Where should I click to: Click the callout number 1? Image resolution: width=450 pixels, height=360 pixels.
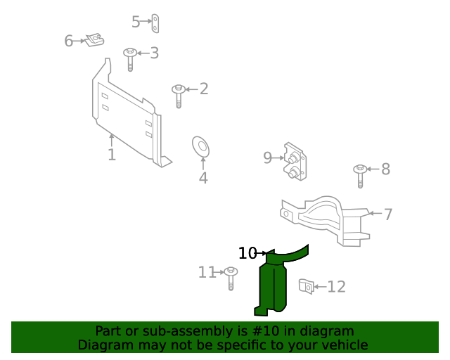pyautogui.click(x=112, y=155)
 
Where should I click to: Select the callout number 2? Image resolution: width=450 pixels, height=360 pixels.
pyautogui.click(x=204, y=89)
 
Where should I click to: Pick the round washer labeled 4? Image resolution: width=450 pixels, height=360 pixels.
pyautogui.click(x=202, y=147)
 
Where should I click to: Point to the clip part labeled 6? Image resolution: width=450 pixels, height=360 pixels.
pyautogui.click(x=94, y=41)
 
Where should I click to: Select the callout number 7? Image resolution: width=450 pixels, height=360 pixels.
pyautogui.click(x=388, y=214)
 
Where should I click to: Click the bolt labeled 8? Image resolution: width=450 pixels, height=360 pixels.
pyautogui.click(x=360, y=175)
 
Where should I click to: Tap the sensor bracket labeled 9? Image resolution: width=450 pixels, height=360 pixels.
pyautogui.click(x=295, y=161)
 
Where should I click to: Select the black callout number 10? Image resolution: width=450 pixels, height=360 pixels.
pyautogui.click(x=247, y=253)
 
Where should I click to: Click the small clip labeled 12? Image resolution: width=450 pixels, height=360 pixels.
pyautogui.click(x=305, y=286)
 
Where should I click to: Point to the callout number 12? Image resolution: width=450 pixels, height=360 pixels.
pyautogui.click(x=336, y=287)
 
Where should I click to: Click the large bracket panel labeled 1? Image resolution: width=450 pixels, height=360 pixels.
pyautogui.click(x=127, y=112)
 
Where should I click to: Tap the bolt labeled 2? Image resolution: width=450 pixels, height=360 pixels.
pyautogui.click(x=179, y=95)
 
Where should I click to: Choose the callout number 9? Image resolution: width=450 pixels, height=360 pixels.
pyautogui.click(x=267, y=158)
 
